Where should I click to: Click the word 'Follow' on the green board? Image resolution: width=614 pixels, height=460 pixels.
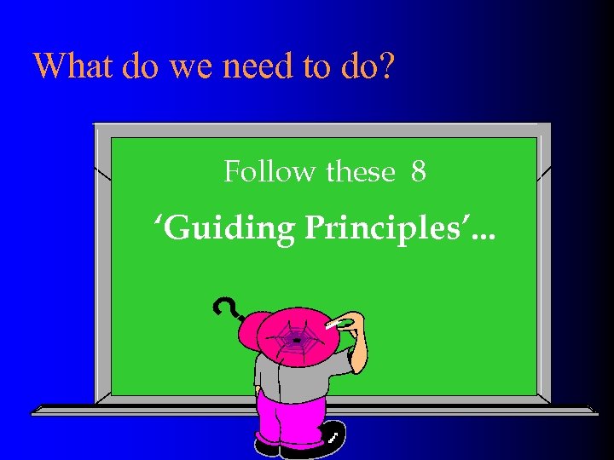[269, 172]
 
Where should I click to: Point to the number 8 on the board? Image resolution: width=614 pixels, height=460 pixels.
[418, 172]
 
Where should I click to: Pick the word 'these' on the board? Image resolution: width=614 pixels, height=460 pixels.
[361, 172]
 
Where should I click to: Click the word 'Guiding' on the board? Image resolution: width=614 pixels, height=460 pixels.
[223, 228]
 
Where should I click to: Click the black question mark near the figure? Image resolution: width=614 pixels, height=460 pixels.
[224, 308]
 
